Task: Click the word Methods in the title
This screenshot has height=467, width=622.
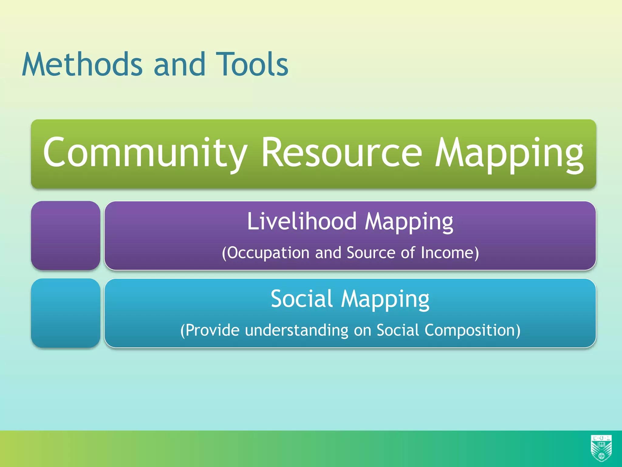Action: [x=82, y=64]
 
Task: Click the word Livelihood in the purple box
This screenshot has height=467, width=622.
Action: [x=302, y=221]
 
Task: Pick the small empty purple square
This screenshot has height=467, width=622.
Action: [x=66, y=236]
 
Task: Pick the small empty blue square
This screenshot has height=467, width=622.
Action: [x=66, y=313]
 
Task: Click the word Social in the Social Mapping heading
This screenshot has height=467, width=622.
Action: [x=302, y=299]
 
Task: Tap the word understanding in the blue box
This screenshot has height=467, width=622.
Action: [x=297, y=330]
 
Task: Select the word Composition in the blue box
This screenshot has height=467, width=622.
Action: [x=472, y=330]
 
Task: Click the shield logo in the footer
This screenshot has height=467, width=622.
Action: [x=601, y=448]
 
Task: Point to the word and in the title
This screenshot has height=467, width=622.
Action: [x=179, y=64]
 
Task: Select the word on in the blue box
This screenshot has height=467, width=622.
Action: [x=362, y=331]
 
